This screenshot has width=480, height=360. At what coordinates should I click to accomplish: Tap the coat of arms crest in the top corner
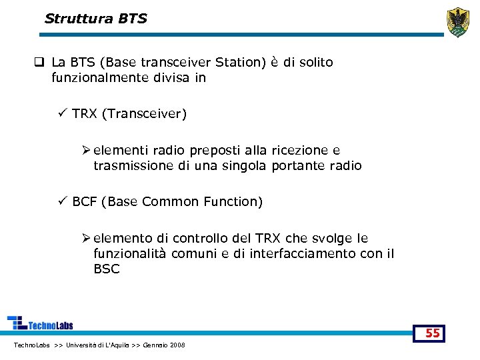point(457,22)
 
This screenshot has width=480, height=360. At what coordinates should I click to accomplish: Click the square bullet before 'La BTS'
point(40,63)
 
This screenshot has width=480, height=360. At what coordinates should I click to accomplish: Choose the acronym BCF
point(85,201)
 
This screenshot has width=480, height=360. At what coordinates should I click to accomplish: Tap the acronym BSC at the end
point(107,269)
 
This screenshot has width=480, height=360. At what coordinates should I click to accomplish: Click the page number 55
point(433,333)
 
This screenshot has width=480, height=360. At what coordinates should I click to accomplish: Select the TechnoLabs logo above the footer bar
point(40,323)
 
